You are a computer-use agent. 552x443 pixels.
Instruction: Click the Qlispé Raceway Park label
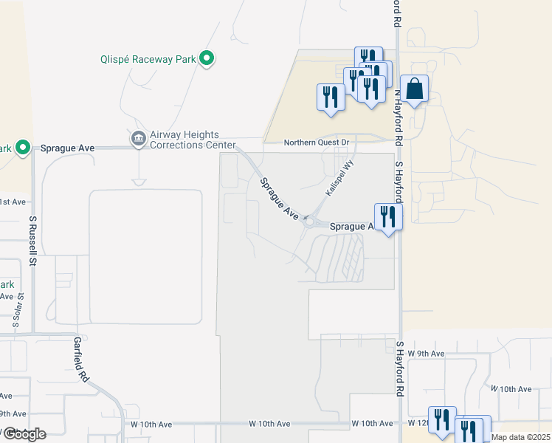click(x=148, y=58)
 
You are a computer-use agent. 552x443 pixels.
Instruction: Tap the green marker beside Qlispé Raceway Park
click(x=207, y=58)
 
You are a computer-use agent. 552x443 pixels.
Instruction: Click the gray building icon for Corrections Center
click(x=138, y=138)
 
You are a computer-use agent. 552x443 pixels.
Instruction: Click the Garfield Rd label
click(x=81, y=360)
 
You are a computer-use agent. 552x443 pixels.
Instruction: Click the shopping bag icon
click(x=415, y=89)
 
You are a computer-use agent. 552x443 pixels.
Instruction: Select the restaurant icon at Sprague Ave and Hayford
click(x=388, y=216)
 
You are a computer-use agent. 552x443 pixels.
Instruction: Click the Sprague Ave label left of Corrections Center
click(x=68, y=148)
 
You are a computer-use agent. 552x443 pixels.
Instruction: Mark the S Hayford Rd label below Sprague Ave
click(x=400, y=367)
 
